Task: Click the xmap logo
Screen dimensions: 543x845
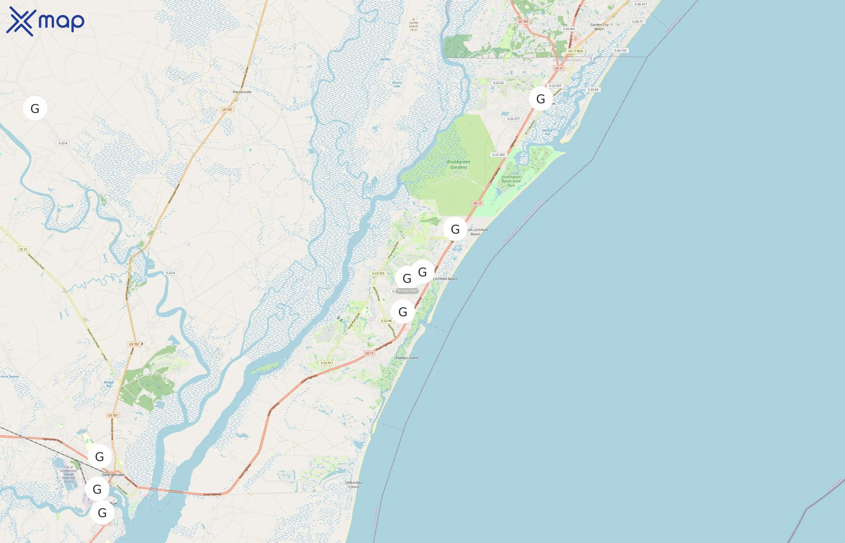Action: click(x=45, y=21)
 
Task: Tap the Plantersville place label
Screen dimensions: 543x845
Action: click(x=242, y=92)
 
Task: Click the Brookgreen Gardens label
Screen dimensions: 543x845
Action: click(x=458, y=165)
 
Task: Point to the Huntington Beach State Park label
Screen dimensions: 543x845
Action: click(x=511, y=181)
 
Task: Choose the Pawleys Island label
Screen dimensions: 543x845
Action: click(x=407, y=357)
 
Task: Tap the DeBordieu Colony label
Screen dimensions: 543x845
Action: click(x=354, y=485)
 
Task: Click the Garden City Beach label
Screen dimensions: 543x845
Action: click(x=599, y=27)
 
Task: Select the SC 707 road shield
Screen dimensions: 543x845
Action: click(x=523, y=22)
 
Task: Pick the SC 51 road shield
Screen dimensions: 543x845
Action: click(x=23, y=249)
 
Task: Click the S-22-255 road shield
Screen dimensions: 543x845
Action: click(x=378, y=273)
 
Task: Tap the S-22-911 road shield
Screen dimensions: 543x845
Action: click(x=327, y=363)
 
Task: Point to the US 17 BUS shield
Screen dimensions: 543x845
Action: click(x=575, y=51)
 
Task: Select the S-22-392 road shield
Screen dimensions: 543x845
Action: click(x=498, y=155)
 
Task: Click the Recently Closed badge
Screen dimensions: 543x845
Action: click(x=407, y=291)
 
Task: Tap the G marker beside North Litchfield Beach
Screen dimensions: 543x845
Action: click(x=455, y=229)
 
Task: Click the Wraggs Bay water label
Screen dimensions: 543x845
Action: click(x=109, y=384)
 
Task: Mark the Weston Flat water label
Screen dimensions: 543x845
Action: click(x=547, y=132)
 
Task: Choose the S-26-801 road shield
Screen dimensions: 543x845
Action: click(x=569, y=29)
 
